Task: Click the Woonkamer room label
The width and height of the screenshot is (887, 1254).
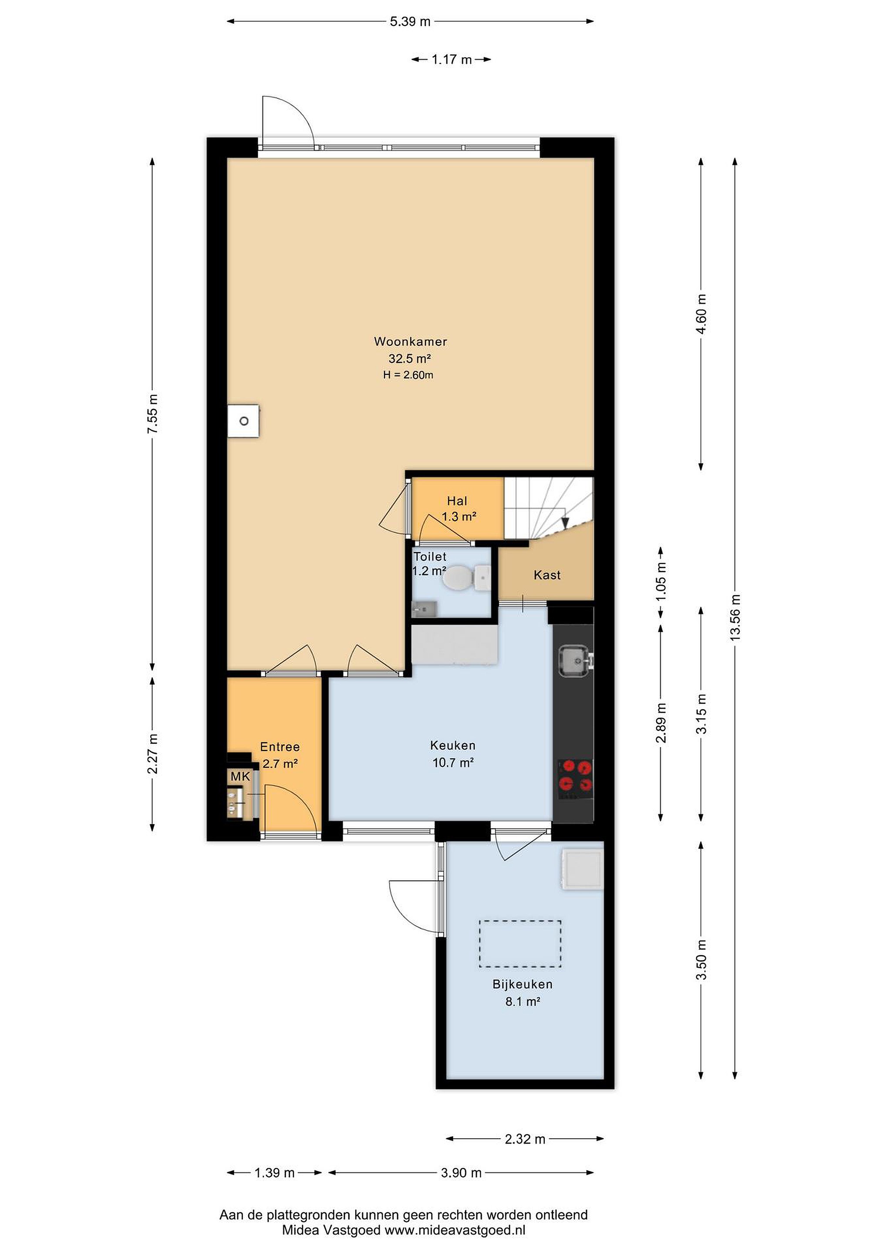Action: tap(410, 342)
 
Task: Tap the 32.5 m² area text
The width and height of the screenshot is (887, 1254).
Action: tap(410, 359)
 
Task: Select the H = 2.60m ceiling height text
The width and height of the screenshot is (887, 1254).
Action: tap(408, 375)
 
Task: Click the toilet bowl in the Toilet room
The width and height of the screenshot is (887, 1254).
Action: tap(457, 578)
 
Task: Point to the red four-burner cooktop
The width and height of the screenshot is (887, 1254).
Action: tap(575, 776)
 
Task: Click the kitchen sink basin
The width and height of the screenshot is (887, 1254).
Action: tap(573, 661)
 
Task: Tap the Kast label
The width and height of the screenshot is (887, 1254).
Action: tap(547, 575)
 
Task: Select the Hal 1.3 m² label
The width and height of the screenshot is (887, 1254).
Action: tap(458, 509)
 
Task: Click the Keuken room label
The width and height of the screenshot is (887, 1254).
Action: tap(453, 745)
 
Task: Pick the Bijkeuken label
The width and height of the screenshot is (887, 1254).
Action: tap(523, 984)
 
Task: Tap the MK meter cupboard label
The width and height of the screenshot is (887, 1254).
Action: tap(240, 777)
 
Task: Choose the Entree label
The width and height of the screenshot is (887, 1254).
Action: tap(280, 747)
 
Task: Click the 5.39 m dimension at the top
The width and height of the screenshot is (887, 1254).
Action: tap(410, 22)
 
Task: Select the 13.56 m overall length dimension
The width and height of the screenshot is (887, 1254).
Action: tap(735, 617)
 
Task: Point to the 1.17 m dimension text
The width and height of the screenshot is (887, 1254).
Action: tap(452, 60)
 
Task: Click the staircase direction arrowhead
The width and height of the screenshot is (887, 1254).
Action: tap(566, 522)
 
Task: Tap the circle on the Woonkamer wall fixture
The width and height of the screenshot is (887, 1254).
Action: tap(244, 421)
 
